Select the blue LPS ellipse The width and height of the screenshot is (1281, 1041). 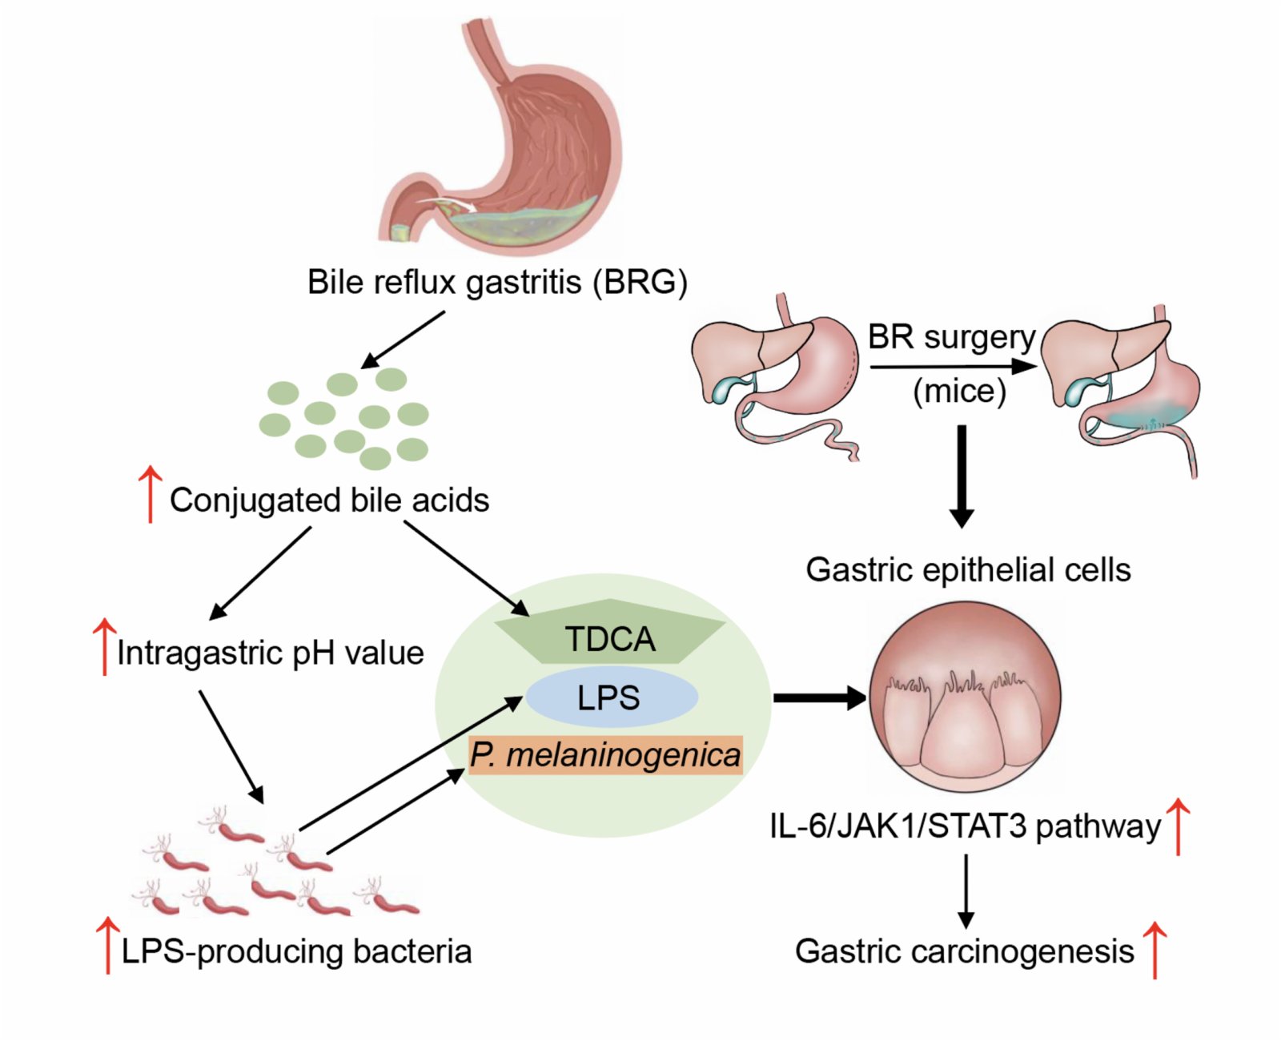[611, 697]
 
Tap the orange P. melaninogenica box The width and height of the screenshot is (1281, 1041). [606, 755]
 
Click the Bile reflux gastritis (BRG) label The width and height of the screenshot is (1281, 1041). [497, 282]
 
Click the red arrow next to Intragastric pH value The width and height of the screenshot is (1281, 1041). [104, 646]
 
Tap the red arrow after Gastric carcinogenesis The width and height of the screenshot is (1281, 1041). [1155, 950]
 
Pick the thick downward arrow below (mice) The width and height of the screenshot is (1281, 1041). [962, 476]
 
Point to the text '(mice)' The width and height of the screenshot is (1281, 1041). [960, 392]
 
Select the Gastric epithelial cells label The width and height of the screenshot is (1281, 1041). [968, 570]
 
